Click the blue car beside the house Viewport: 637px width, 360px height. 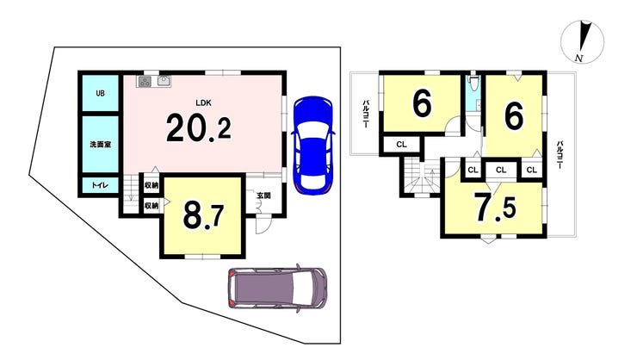[x=313, y=146]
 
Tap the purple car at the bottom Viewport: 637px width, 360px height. [x=277, y=288]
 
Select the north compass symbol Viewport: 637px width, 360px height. [x=582, y=42]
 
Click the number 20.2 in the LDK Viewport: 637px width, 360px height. [x=199, y=127]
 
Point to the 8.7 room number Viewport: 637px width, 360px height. [x=203, y=216]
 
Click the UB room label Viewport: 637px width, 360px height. [x=100, y=93]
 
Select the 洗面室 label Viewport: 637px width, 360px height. [x=101, y=144]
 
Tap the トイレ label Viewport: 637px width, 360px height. [x=100, y=185]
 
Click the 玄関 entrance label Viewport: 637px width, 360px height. [x=263, y=196]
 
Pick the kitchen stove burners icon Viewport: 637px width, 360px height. [x=145, y=81]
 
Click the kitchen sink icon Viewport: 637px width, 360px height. [x=164, y=80]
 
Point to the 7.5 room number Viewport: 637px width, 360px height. [x=496, y=208]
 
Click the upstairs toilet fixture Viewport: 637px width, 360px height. [x=473, y=84]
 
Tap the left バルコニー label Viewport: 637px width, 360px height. [x=366, y=115]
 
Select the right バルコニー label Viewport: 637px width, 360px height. [x=560, y=155]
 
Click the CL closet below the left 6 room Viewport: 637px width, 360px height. [x=401, y=144]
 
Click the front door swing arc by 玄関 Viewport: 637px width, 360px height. [x=260, y=226]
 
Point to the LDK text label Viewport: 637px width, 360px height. [x=203, y=102]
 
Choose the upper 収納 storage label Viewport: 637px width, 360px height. [x=152, y=186]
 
